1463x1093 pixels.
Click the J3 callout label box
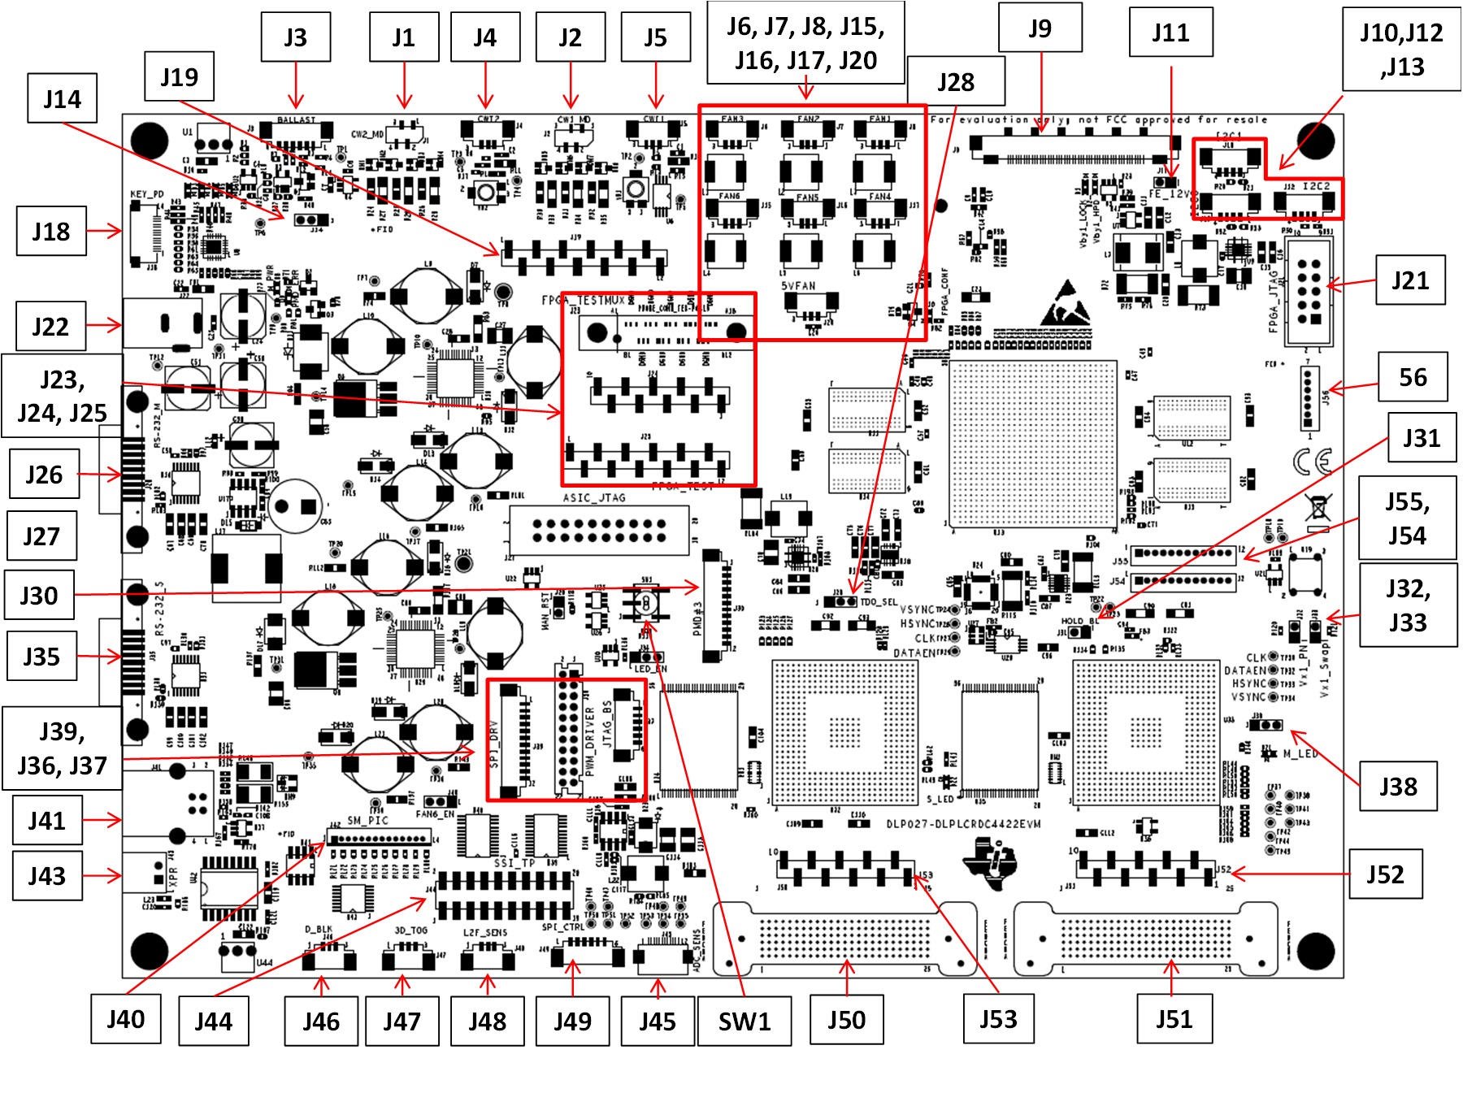(296, 37)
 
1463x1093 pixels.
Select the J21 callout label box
(1410, 280)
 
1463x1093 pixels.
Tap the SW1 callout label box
(744, 1021)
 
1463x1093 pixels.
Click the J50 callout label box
(846, 1020)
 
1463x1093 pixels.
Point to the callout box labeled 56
(1413, 377)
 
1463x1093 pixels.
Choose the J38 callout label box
(1398, 786)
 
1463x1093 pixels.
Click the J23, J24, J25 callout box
(63, 396)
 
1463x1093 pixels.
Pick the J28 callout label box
(956, 81)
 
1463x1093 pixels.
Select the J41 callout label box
(47, 821)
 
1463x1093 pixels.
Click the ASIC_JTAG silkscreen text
(594, 497)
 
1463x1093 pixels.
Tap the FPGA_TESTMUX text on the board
(584, 301)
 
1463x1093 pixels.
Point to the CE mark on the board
(1312, 462)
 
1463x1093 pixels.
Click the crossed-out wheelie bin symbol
(1318, 508)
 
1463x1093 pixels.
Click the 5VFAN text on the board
(798, 286)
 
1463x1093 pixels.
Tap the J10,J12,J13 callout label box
(1401, 49)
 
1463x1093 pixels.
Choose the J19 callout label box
(179, 76)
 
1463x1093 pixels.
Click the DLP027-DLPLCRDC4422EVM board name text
(963, 824)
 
